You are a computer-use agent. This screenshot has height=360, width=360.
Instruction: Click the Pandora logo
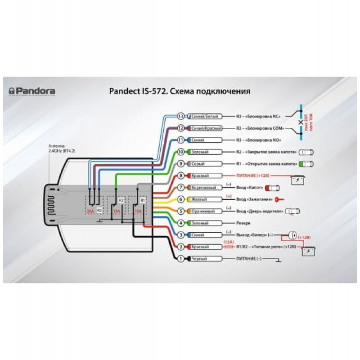click(32, 91)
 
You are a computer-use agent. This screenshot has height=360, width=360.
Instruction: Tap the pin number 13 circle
click(181, 116)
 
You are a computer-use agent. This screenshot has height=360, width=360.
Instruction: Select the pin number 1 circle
click(181, 259)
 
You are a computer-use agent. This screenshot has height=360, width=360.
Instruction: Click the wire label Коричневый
click(204, 187)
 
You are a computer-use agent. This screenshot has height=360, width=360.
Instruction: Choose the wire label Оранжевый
click(204, 211)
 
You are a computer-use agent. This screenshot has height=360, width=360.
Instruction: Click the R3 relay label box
click(99, 210)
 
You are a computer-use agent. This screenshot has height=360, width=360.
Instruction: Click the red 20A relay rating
click(90, 210)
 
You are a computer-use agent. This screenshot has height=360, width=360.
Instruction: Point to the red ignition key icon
click(280, 199)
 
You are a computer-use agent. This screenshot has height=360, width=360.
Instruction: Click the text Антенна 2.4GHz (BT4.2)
click(63, 149)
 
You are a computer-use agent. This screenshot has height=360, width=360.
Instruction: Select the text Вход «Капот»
click(251, 187)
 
